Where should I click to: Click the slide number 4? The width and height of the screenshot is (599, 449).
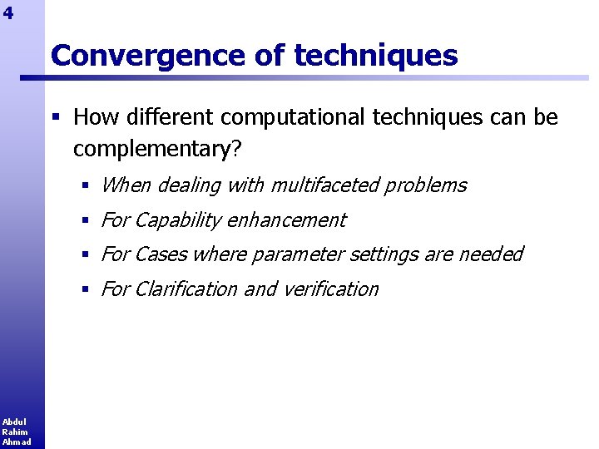click(8, 12)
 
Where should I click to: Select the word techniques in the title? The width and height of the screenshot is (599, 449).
click(376, 56)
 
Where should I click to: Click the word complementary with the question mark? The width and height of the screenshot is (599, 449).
click(157, 149)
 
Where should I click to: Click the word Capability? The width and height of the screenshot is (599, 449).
click(177, 220)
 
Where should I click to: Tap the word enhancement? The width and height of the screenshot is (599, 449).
click(286, 220)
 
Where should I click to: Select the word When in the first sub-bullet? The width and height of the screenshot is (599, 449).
click(126, 185)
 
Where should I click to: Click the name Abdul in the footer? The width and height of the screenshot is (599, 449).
click(13, 422)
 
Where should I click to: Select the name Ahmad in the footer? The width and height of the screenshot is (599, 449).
click(16, 442)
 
